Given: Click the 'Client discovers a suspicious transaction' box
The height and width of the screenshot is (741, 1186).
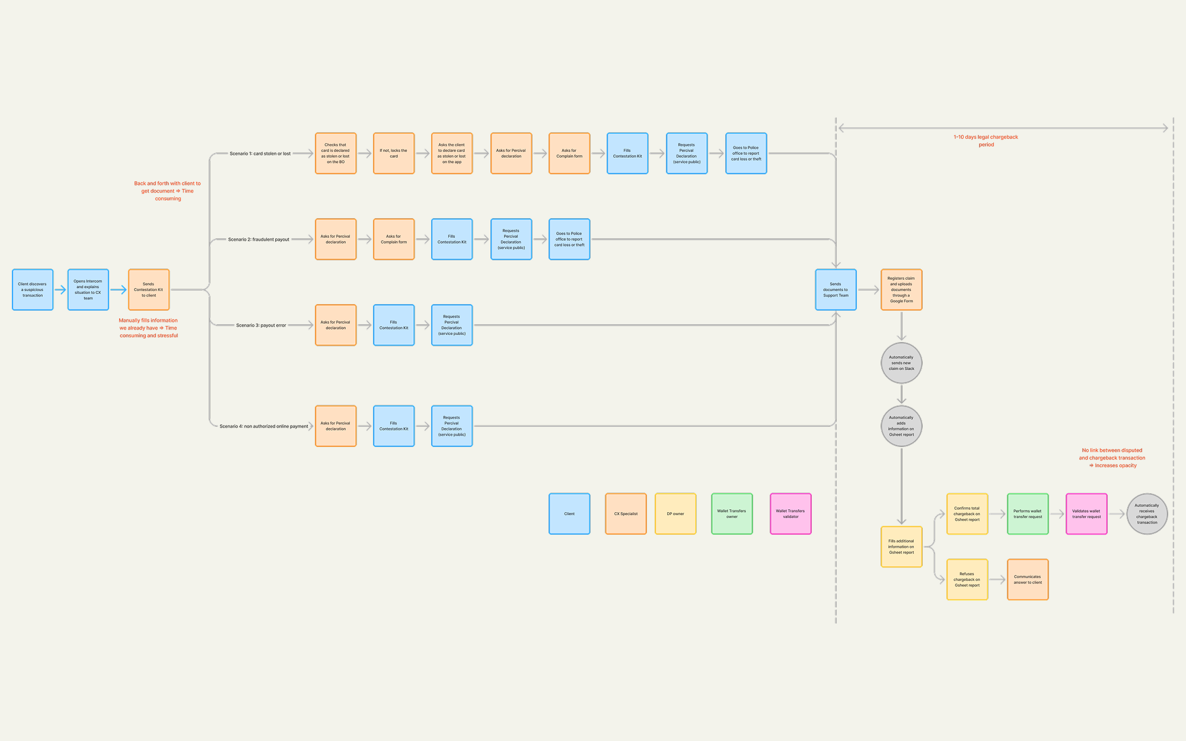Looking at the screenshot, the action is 33,290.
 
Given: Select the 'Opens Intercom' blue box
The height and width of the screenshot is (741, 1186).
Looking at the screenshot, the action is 88,290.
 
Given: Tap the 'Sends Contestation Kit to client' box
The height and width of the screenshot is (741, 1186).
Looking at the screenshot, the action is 149,290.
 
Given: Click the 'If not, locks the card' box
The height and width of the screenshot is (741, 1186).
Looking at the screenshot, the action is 394,154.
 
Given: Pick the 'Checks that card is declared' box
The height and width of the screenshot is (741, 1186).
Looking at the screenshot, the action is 336,154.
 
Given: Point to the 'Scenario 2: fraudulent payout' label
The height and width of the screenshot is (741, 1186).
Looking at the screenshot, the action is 259,239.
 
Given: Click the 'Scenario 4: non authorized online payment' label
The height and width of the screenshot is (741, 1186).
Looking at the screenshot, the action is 264,426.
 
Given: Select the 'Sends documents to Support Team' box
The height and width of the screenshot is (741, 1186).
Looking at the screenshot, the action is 836,290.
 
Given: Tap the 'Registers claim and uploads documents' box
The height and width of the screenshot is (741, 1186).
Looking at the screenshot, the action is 901,290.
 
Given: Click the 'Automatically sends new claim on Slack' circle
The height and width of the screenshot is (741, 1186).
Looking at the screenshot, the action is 901,363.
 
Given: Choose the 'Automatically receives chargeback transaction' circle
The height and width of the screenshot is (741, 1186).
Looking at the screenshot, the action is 1147,514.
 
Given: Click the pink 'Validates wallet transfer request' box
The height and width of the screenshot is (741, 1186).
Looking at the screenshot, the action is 1086,514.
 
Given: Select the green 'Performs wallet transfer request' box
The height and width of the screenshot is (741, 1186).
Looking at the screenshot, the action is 1028,514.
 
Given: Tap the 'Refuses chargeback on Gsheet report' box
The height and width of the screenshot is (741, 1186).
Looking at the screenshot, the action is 967,580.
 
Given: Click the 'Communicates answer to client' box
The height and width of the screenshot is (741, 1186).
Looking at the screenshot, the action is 1028,580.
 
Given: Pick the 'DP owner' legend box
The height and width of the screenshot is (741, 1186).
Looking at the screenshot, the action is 675,514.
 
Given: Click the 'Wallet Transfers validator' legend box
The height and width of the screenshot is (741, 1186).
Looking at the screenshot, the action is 790,514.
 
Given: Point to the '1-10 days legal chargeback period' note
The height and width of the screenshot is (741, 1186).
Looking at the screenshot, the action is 986,140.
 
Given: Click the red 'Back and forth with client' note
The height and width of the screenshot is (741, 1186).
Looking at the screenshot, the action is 168,191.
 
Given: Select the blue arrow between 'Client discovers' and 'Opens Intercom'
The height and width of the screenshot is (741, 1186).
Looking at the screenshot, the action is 60,290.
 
